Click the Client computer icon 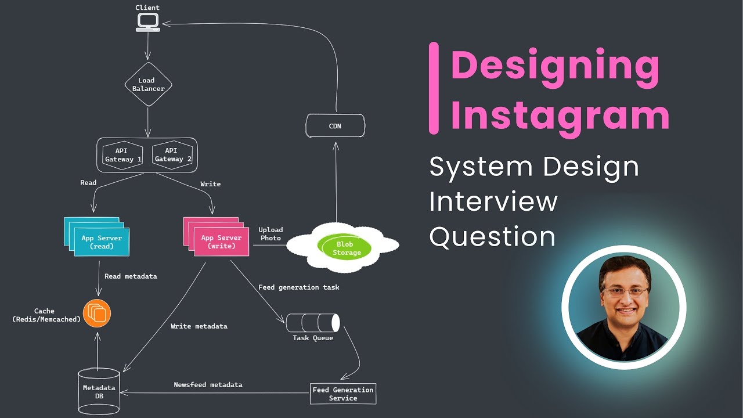(148, 22)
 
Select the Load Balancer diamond (148, 85)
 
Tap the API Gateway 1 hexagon (122, 155)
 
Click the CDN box (335, 126)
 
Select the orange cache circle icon (96, 313)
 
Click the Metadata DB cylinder (99, 392)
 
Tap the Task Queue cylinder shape (312, 322)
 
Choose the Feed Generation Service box (342, 394)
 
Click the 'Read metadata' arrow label (131, 276)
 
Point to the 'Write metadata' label (199, 326)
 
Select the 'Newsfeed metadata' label (208, 385)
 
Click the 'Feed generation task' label (298, 287)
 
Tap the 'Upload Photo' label (270, 234)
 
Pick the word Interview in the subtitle (493, 201)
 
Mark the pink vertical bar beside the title (434, 88)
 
